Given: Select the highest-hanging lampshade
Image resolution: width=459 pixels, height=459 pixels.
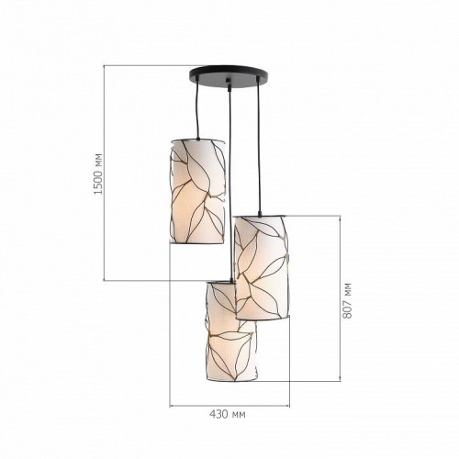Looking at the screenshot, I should pyautogui.click(x=196, y=190).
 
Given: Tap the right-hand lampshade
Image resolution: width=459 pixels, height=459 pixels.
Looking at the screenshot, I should pyautogui.click(x=263, y=266).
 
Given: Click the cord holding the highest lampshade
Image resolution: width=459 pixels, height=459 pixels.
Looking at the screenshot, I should pyautogui.click(x=196, y=110).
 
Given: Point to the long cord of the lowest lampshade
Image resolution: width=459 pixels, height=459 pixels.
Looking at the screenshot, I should pyautogui.click(x=227, y=184).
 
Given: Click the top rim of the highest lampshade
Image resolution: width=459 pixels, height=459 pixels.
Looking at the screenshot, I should pyautogui.click(x=196, y=139).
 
